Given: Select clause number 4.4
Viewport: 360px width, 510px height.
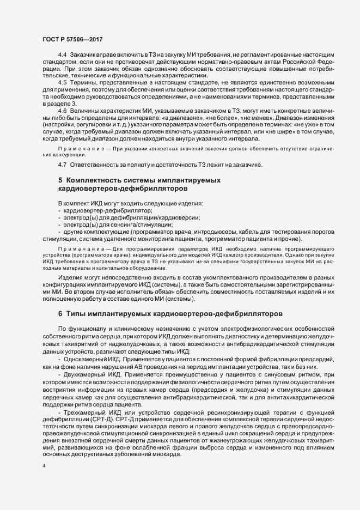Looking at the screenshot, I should click(62, 56).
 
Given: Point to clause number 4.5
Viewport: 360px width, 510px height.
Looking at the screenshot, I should click(62, 83).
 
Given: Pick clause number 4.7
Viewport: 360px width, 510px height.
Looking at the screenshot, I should click(62, 164).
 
